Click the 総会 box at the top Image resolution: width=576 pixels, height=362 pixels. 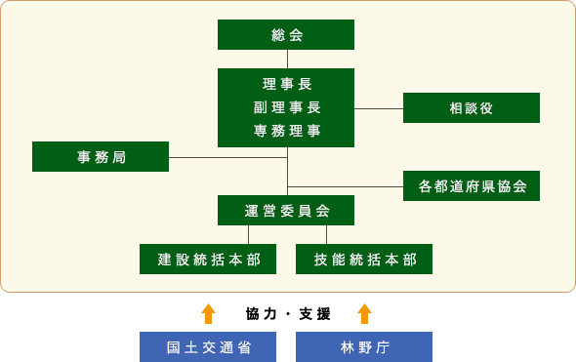click(286, 34)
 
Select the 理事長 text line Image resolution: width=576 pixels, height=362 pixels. click(286, 84)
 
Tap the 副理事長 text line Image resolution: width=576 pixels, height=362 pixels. click(286, 107)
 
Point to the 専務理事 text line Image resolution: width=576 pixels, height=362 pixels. click(286, 131)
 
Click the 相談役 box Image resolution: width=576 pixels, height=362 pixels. click(472, 107)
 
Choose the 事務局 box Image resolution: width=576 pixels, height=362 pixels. click(101, 156)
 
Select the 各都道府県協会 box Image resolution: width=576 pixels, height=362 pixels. click(472, 185)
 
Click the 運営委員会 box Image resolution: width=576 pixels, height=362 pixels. click(286, 210)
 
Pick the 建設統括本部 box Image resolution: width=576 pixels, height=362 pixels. click(208, 259)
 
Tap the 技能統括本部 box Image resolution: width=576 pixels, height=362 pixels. click(364, 259)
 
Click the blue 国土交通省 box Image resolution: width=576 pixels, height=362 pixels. click(208, 346)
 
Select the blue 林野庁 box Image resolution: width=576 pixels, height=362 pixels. click(364, 346)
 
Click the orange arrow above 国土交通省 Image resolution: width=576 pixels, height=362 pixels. click(208, 313)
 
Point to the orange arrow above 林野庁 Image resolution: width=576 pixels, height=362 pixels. click(364, 313)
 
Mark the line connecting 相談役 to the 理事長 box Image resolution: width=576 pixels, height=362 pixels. click(379, 108)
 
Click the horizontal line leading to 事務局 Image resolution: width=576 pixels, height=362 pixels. click(227, 156)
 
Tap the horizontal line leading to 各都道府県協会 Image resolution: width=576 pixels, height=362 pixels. click(345, 185)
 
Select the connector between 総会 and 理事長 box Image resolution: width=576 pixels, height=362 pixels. click(287, 59)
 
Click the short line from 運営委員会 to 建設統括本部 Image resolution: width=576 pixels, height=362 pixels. click(248, 234)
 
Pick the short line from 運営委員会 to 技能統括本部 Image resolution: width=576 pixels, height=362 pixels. click(326, 234)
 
